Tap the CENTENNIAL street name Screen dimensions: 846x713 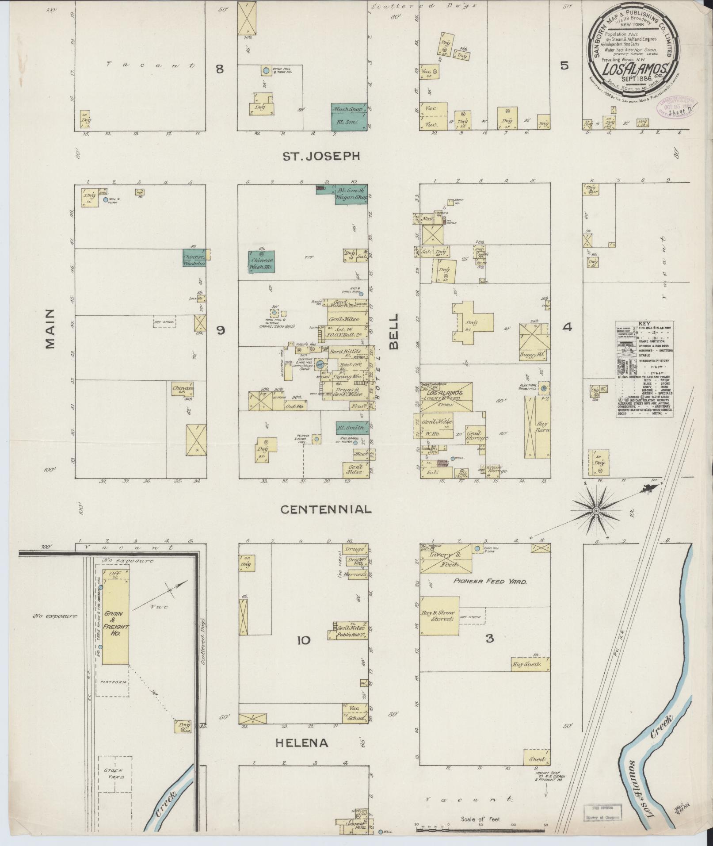pos(326,509)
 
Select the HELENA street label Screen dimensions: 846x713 pos(302,743)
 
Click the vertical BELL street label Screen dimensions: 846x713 pos(394,332)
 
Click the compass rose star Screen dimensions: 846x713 pos(595,511)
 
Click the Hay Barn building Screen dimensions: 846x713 pos(537,427)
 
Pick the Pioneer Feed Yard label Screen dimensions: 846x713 pos(490,582)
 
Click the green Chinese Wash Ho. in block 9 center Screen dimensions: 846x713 pos(261,261)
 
